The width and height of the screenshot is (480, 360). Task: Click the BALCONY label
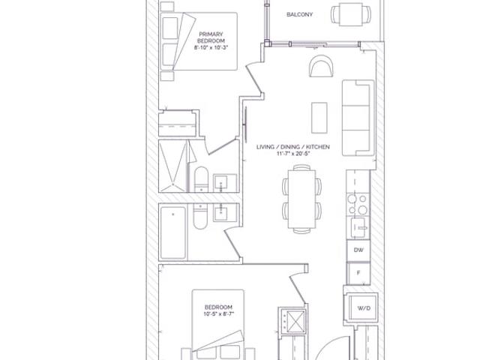(x=299, y=14)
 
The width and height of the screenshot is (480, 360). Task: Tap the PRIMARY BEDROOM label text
(x=211, y=37)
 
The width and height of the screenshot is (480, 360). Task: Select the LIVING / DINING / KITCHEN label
(x=293, y=147)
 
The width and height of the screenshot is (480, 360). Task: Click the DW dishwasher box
(x=358, y=250)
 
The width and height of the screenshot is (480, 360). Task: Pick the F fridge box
(x=358, y=273)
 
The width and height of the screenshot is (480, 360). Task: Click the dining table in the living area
(x=301, y=199)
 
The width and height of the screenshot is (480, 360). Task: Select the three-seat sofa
(x=358, y=118)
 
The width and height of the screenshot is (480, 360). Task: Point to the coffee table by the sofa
(x=319, y=118)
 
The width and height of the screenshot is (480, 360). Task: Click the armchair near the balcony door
(x=321, y=66)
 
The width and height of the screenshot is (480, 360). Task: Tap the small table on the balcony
(x=351, y=14)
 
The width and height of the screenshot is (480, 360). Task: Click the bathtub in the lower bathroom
(x=173, y=233)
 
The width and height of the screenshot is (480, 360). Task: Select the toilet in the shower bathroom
(x=201, y=179)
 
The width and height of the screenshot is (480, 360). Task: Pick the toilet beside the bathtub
(x=200, y=217)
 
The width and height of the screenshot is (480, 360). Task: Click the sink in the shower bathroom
(x=225, y=183)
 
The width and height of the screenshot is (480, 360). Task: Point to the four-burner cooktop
(x=358, y=204)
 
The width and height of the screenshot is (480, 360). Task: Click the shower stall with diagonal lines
(x=173, y=166)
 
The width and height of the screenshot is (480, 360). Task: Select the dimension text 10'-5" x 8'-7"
(x=218, y=313)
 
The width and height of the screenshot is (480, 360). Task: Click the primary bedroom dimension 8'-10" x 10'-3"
(x=211, y=47)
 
